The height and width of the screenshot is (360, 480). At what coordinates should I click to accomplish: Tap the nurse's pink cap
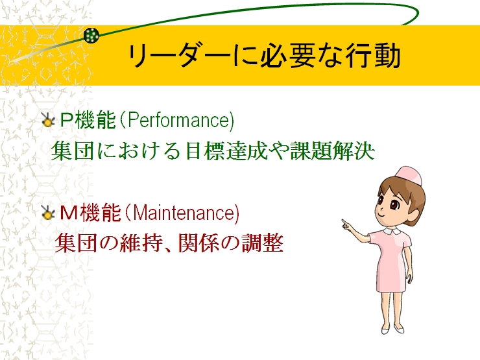[x=409, y=175]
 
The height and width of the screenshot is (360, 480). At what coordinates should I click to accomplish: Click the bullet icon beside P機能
[x=48, y=120]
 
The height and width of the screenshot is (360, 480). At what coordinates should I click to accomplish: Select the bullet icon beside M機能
[x=48, y=213]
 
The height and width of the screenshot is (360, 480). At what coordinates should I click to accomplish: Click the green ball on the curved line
[x=91, y=35]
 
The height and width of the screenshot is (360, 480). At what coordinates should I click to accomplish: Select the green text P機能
[x=88, y=120]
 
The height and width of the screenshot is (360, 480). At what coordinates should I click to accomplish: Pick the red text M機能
[x=90, y=213]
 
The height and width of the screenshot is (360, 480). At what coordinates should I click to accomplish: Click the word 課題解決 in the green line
[x=332, y=150]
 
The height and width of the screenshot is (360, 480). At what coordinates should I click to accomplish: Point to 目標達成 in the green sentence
[x=227, y=150]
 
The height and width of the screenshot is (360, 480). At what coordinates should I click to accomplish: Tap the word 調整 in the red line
[x=262, y=243]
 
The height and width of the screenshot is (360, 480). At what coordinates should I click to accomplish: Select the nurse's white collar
[x=392, y=230]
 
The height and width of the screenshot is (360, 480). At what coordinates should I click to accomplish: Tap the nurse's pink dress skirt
[x=390, y=276]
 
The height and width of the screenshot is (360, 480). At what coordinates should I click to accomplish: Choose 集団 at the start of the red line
[x=76, y=243]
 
